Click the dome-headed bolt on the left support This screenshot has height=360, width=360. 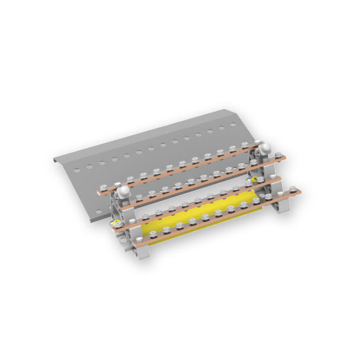pyautogui.click(x=124, y=191)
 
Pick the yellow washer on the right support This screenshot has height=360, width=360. pyautogui.click(x=254, y=178)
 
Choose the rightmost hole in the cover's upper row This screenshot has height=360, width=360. pyautogui.click(x=233, y=126)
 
